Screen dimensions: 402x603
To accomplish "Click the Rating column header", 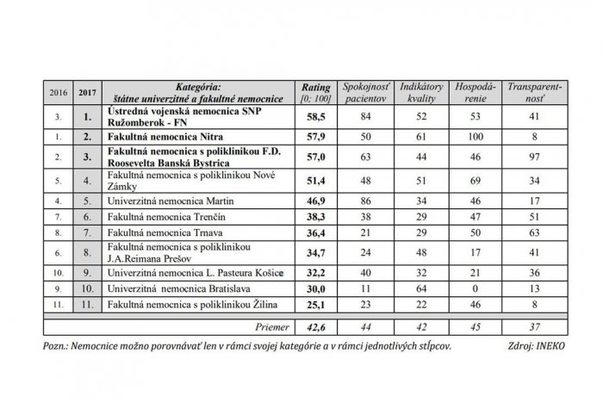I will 311,93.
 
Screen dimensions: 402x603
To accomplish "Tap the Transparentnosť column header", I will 532,93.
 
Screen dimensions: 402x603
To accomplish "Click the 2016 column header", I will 57,92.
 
